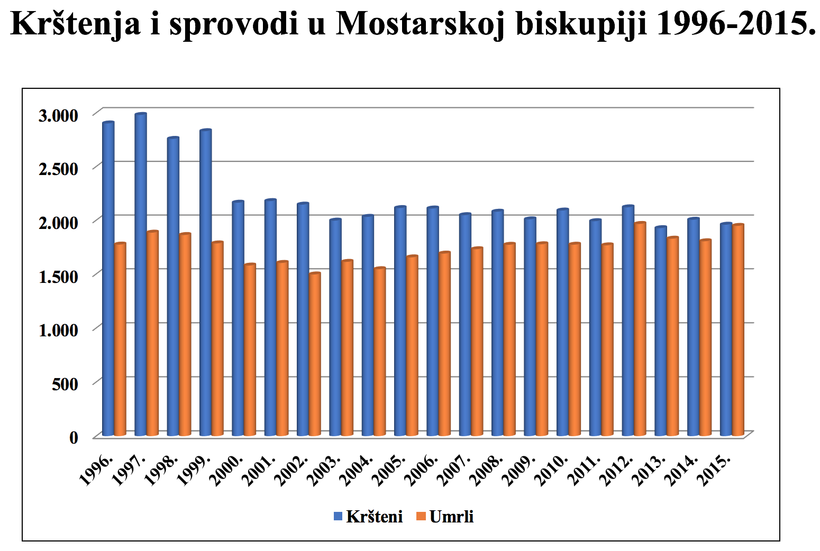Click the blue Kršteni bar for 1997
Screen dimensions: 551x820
[140, 275]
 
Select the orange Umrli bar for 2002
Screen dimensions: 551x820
[315, 354]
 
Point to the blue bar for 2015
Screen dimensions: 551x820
[726, 330]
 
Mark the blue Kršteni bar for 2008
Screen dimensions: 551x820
[497, 323]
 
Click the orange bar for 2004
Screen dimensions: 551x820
[380, 352]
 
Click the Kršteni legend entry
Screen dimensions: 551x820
[368, 517]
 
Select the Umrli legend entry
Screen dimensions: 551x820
[444, 517]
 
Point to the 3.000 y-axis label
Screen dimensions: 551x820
[58, 115]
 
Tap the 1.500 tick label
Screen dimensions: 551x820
[58, 276]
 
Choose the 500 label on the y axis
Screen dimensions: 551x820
[65, 384]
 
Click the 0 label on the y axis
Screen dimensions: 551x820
[74, 438]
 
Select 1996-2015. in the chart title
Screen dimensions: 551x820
[736, 23]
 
